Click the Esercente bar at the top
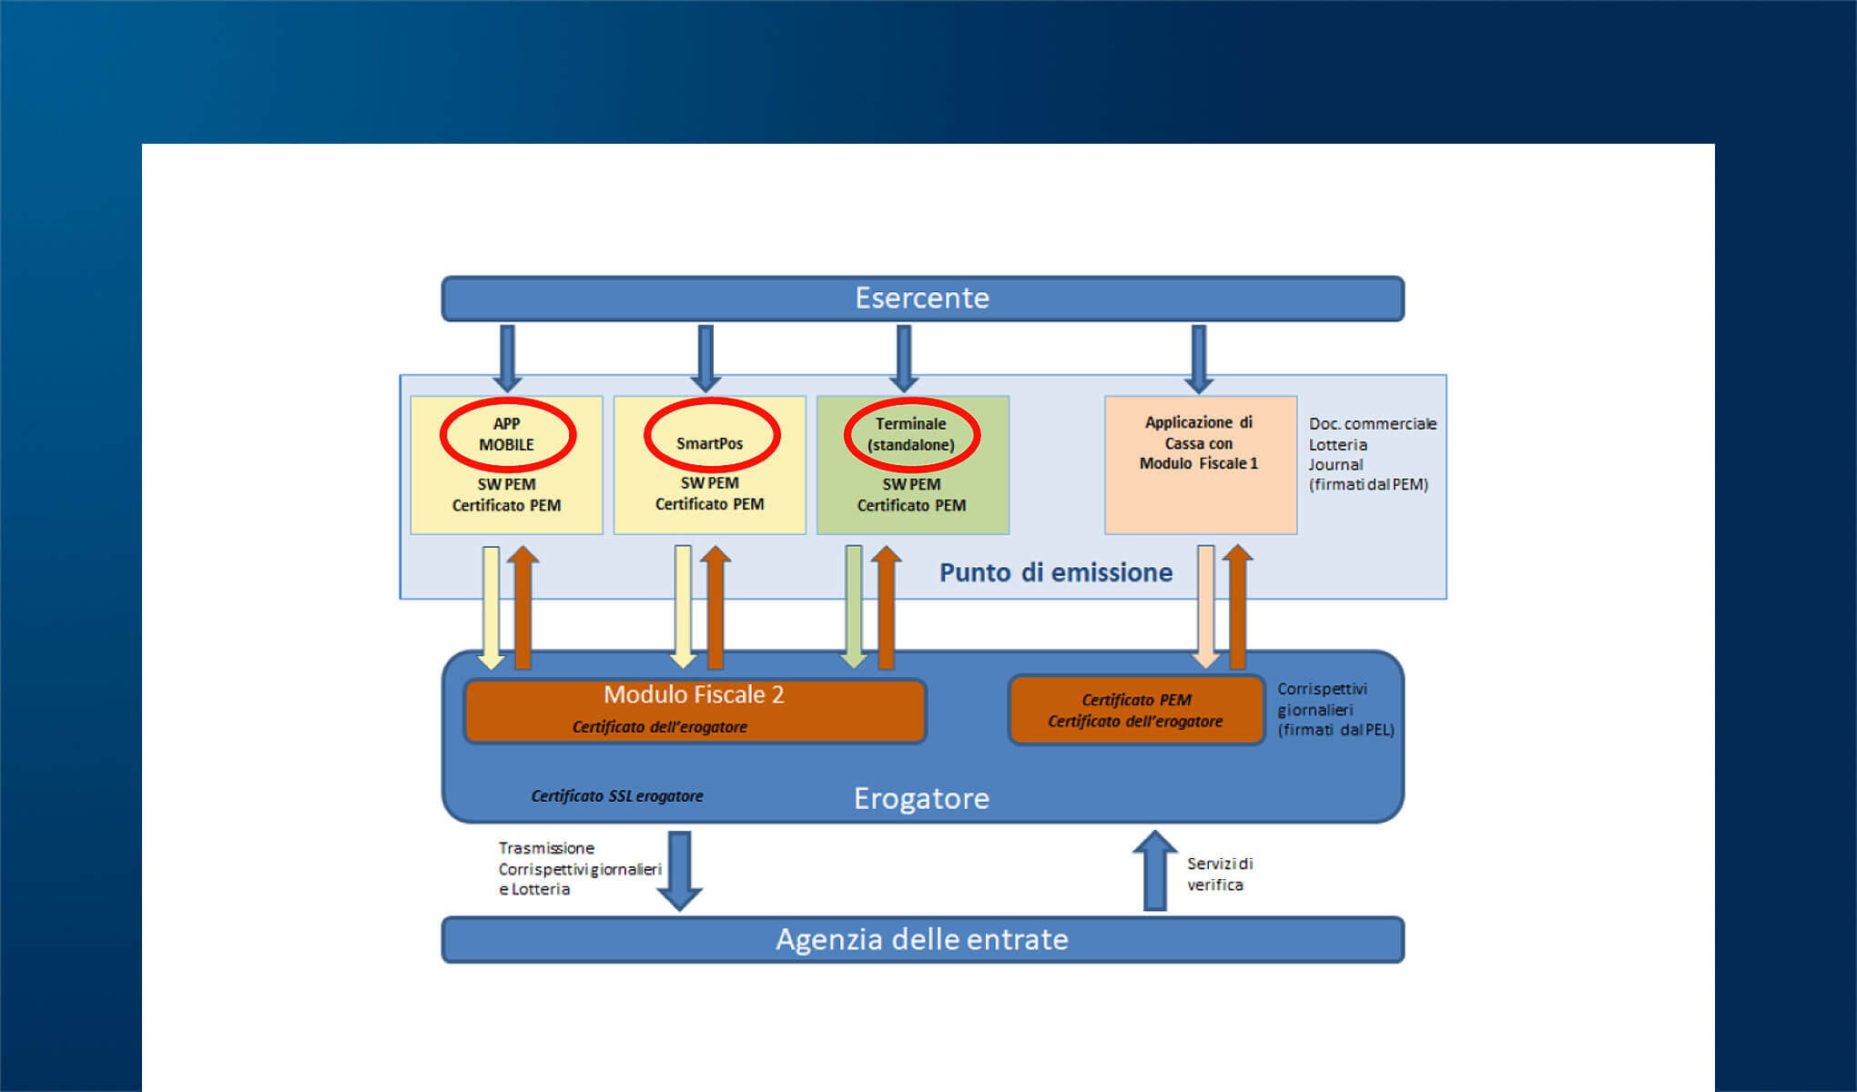pos(922,298)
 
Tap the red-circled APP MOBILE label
pos(507,434)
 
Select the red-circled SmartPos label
pos(710,443)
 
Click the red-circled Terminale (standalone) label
pos(911,434)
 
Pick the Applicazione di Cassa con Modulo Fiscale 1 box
pos(1200,464)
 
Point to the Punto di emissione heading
pos(1056,572)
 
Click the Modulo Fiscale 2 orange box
pos(694,710)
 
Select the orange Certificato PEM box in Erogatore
pos(1136,711)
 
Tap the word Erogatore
pos(921,798)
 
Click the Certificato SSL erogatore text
pos(617,796)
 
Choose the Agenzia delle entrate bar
pos(922,939)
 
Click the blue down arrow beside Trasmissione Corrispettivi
pos(679,869)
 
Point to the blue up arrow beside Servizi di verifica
pos(1155,870)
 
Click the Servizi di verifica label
pos(1220,874)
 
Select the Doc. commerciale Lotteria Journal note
pos(1372,454)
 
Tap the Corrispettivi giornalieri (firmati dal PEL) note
pos(1335,709)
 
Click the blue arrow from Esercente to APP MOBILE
pos(507,358)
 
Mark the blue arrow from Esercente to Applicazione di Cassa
pos(1199,358)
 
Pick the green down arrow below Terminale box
pos(854,606)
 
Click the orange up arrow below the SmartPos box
pos(715,606)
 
